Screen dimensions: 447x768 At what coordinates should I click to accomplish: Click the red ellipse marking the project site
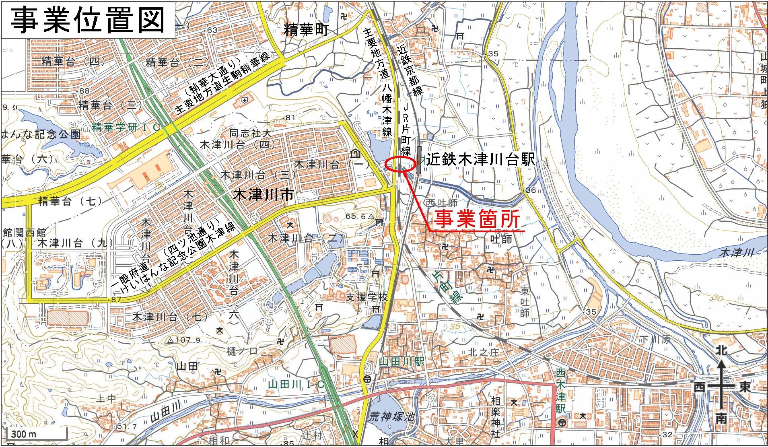[400, 164]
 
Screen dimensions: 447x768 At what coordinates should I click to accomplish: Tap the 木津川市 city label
[263, 196]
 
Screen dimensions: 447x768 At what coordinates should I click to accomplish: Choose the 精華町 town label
[306, 30]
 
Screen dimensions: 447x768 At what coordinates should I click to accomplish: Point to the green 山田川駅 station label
[402, 361]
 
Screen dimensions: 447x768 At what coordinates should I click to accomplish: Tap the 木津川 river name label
[736, 253]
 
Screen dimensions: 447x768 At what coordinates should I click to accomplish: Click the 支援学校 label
[367, 297]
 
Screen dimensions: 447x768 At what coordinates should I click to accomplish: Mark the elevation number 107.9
[184, 340]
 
